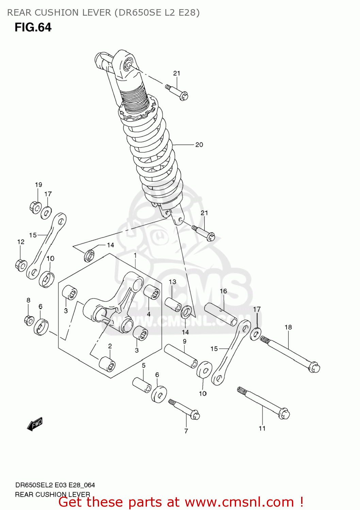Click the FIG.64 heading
click(x=33, y=27)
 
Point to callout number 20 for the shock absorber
click(x=199, y=145)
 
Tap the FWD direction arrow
click(x=35, y=424)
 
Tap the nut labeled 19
click(x=35, y=207)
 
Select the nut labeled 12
click(x=21, y=265)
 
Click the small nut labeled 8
click(x=29, y=320)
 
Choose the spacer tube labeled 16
click(x=221, y=314)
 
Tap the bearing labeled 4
click(x=152, y=292)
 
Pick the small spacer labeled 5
click(x=142, y=385)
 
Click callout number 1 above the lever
click(x=135, y=255)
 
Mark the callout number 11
click(x=262, y=428)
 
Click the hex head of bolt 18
click(x=314, y=368)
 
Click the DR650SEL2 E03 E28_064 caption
click(x=55, y=485)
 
